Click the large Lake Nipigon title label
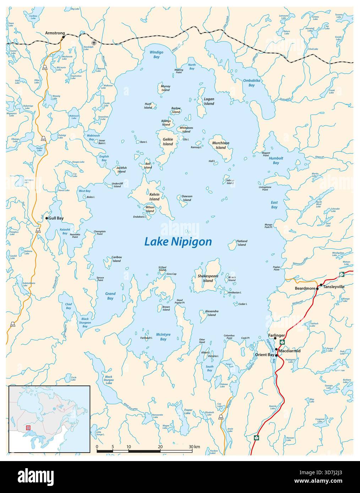[178, 242]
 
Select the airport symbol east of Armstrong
[94, 43]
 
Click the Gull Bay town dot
[47, 218]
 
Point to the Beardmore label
[305, 288]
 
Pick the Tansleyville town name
[334, 287]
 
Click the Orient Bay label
[264, 355]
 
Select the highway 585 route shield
[221, 417]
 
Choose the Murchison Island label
[220, 145]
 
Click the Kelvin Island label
[154, 197]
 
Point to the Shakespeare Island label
[205, 278]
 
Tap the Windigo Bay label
[156, 54]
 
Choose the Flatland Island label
[242, 243]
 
